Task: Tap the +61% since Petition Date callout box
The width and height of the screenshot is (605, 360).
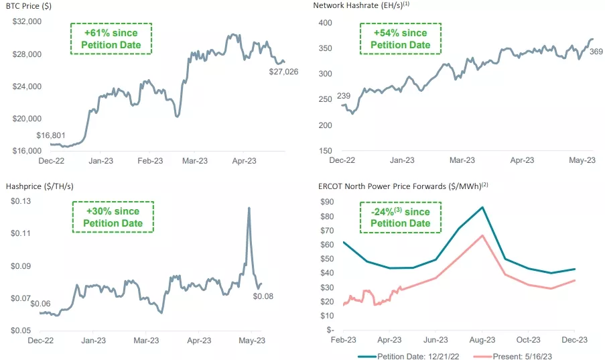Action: [x=111, y=39]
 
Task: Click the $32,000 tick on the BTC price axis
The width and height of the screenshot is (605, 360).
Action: [x=27, y=22]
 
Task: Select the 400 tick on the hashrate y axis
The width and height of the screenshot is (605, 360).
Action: [x=324, y=23]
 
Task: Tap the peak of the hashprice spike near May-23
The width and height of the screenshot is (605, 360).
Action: [x=249, y=208]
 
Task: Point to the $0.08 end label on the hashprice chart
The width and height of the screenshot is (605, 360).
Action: [x=263, y=296]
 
